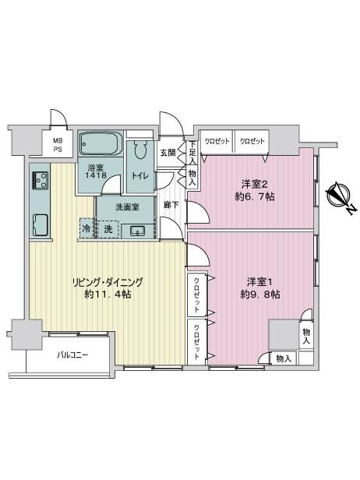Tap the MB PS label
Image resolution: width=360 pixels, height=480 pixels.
pyautogui.click(x=58, y=145)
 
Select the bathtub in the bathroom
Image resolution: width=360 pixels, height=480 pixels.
pyautogui.click(x=100, y=143)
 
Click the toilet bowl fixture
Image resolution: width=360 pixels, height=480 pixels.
pyautogui.click(x=140, y=150)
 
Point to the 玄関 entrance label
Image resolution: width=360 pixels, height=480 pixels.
pyautogui.click(x=168, y=153)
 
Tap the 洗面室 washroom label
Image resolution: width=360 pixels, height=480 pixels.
pyautogui.click(x=127, y=207)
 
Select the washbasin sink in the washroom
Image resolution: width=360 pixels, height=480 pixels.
pyautogui.click(x=137, y=231)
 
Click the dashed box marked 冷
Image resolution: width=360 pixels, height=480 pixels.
pyautogui.click(x=86, y=228)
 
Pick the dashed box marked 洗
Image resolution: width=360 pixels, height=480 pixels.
pyautogui.click(x=108, y=229)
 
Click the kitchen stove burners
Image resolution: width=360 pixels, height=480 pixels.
pyautogui.click(x=40, y=180)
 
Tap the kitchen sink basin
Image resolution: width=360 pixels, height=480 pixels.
pyautogui.click(x=40, y=224)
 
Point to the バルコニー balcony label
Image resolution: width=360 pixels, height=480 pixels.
pyautogui.click(x=73, y=355)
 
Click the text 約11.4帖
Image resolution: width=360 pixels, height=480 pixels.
pyautogui.click(x=108, y=295)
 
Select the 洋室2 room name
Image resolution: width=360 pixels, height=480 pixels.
pyautogui.click(x=255, y=184)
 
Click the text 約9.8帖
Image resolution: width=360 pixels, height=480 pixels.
pyautogui.click(x=260, y=295)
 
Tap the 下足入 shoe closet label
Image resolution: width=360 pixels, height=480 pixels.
pyautogui.click(x=192, y=152)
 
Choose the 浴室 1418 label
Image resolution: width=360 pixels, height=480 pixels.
pyautogui.click(x=96, y=171)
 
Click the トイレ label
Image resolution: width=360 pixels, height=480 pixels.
pyautogui.click(x=140, y=176)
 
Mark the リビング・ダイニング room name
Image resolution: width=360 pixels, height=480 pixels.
pyautogui.click(x=108, y=282)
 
